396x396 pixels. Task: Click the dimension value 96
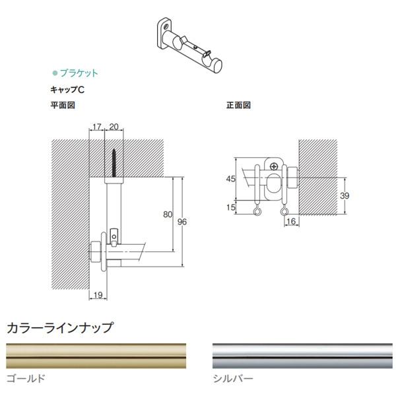coord(183,221)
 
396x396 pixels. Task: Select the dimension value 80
coord(166,214)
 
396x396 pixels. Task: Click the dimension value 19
coord(96,295)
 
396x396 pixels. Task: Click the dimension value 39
coord(344,196)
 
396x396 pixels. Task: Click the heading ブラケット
coord(79,73)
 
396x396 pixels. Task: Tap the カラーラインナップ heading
coord(60,327)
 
